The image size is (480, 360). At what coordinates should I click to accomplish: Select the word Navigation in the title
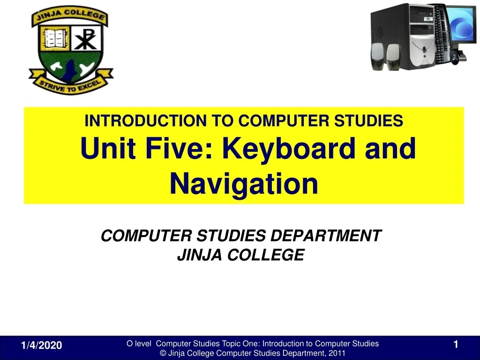pyautogui.click(x=244, y=184)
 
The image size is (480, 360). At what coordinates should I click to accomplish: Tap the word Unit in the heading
pyautogui.click(x=108, y=148)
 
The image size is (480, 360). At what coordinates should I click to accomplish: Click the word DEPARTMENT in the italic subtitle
pyautogui.click(x=326, y=236)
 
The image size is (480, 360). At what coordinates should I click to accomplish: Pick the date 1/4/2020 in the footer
pyautogui.click(x=41, y=345)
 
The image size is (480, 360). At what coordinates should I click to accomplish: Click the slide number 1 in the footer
pyautogui.click(x=456, y=345)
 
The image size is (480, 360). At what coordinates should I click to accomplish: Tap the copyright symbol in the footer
pyautogui.click(x=163, y=353)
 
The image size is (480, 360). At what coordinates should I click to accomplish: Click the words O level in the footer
pyautogui.click(x=139, y=344)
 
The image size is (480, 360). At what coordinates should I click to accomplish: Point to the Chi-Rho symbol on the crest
pyautogui.click(x=86, y=39)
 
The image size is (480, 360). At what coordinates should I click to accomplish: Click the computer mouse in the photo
pyautogui.click(x=455, y=58)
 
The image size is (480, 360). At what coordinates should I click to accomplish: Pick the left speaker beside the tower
pyautogui.click(x=378, y=56)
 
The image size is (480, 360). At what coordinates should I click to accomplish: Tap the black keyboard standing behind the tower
pyautogui.click(x=442, y=34)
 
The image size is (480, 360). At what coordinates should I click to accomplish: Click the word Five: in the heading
pyautogui.click(x=179, y=148)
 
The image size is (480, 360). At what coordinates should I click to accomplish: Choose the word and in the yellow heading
pyautogui.click(x=390, y=148)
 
